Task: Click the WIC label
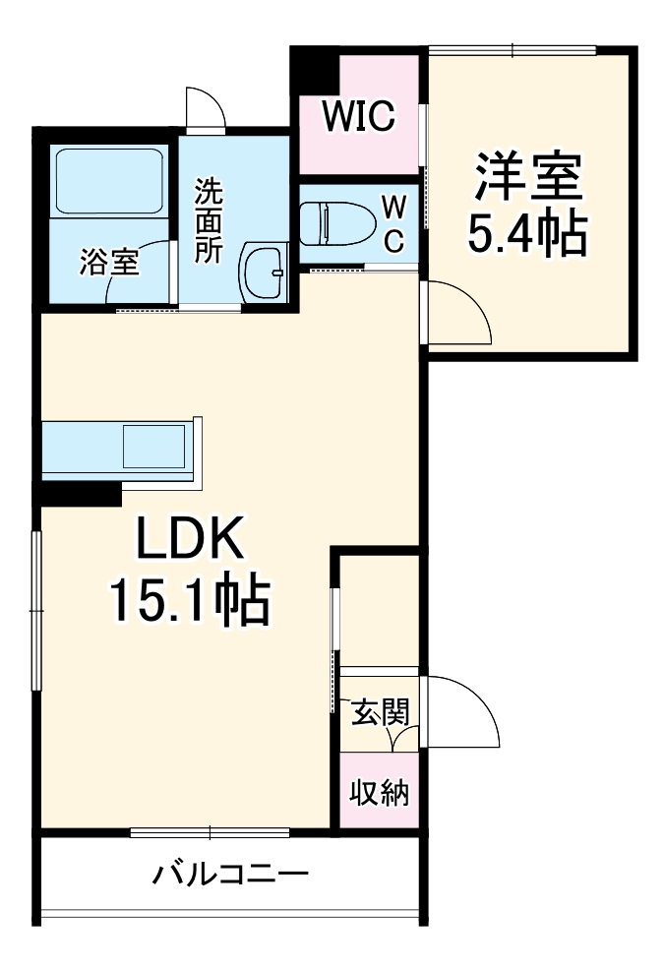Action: click(x=360, y=116)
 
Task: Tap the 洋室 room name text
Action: click(x=529, y=177)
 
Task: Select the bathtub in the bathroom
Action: click(x=108, y=181)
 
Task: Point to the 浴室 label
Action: click(x=109, y=262)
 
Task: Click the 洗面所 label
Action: click(x=208, y=218)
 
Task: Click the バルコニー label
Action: click(x=231, y=873)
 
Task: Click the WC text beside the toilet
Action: click(x=393, y=224)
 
